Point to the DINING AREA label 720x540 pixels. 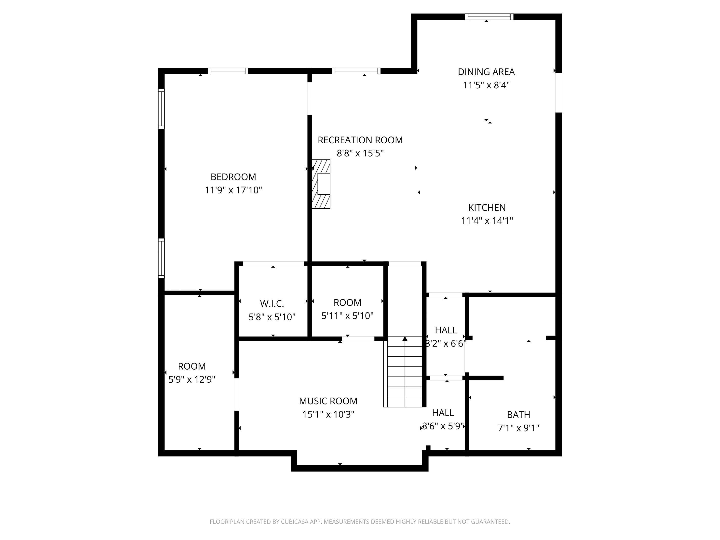tap(486, 72)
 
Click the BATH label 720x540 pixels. tap(518, 415)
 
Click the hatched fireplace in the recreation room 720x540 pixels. tap(321, 184)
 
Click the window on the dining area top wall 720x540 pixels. tap(489, 17)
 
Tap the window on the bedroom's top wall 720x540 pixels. tap(228, 71)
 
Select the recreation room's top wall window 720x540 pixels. tap(356, 71)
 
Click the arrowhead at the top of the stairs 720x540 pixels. tap(405, 338)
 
